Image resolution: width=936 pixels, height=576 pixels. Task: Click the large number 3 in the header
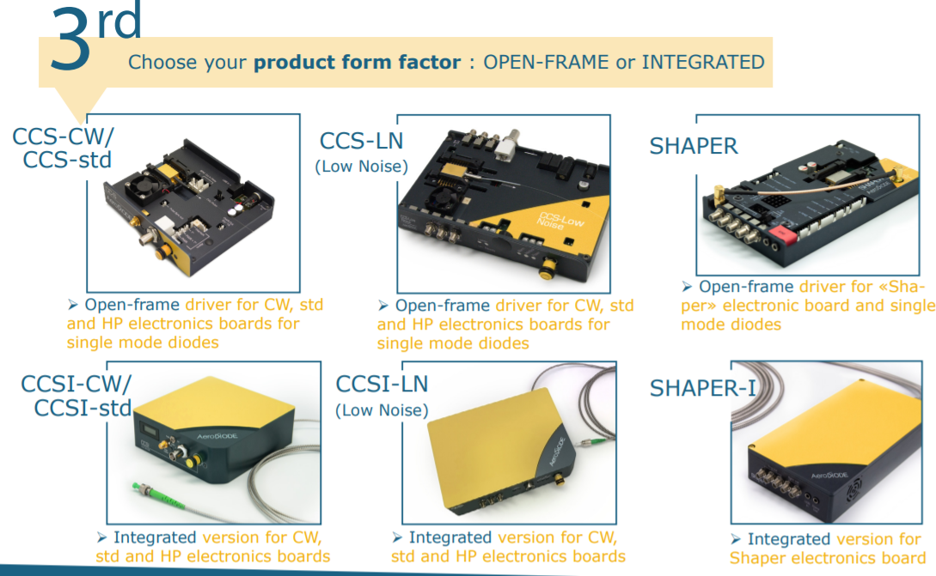70,39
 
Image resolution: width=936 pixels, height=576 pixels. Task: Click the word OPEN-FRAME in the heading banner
546,62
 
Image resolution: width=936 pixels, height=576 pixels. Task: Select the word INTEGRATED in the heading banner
702,62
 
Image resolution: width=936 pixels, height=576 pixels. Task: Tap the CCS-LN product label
362,142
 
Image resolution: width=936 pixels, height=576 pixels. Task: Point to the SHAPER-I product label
702,388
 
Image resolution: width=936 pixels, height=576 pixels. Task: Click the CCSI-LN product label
382,384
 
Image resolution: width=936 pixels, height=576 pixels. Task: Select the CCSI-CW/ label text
76,384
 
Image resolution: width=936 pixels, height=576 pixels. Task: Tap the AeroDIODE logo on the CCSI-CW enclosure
217,436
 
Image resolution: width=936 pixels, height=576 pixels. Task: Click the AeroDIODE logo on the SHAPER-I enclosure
829,476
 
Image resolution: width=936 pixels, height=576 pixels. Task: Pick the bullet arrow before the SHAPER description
687,287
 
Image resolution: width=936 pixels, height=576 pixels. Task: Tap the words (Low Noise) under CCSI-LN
382,410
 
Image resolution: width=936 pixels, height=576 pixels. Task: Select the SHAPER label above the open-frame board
694,146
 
